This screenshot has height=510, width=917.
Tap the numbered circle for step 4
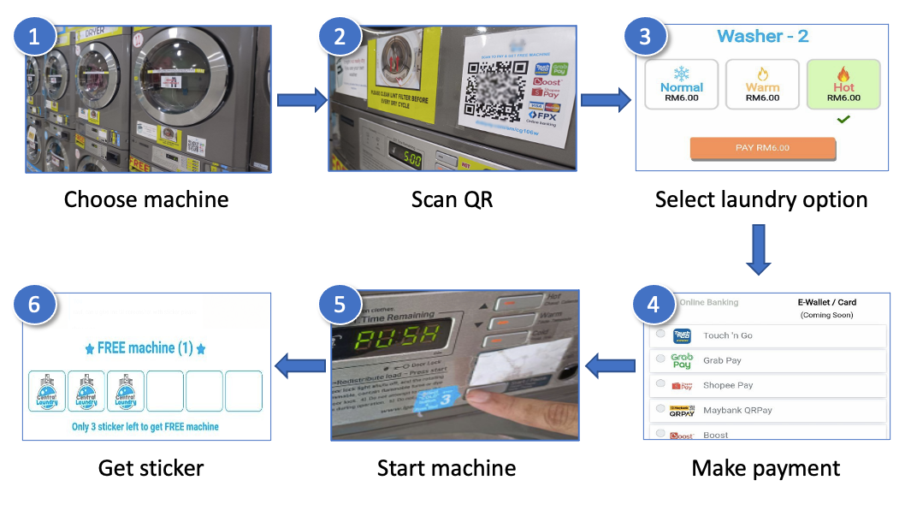(654, 304)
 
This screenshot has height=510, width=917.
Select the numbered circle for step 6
(34, 305)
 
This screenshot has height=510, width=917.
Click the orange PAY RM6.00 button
(762, 148)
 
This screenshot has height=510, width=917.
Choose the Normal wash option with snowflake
(681, 84)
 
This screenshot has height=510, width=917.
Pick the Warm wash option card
(762, 84)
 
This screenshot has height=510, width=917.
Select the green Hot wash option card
(843, 84)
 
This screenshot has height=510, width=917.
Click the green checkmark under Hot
(843, 120)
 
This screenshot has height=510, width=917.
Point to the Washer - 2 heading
(762, 36)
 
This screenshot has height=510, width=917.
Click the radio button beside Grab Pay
(660, 360)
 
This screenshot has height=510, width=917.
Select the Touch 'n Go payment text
(728, 335)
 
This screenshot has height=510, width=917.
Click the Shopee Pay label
(728, 385)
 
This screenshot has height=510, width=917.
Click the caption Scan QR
(452, 199)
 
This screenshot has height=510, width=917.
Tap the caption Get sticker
(151, 468)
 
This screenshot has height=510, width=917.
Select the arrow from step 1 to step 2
(301, 100)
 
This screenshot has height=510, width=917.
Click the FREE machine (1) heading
(145, 348)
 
